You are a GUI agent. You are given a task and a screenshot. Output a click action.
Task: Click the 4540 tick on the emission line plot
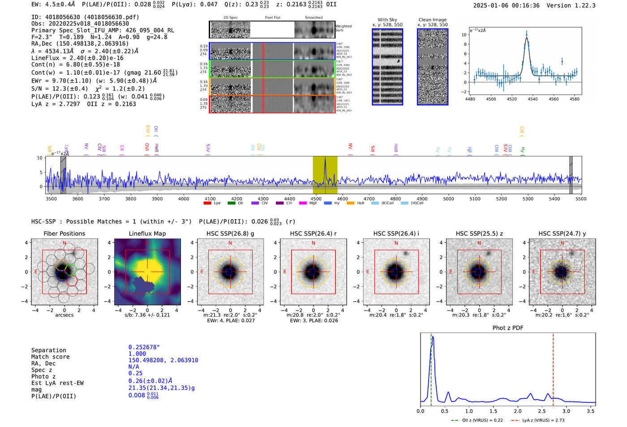click(533, 99)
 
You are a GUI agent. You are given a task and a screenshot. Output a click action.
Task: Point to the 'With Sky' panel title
click(387, 20)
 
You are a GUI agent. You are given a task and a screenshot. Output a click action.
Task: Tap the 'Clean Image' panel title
click(432, 20)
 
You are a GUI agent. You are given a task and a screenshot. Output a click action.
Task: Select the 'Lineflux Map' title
click(147, 233)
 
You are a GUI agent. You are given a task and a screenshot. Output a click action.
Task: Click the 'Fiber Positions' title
click(64, 233)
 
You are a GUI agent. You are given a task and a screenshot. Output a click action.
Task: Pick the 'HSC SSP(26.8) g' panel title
click(230, 233)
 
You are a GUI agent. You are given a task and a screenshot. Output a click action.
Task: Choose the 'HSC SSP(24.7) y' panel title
click(562, 233)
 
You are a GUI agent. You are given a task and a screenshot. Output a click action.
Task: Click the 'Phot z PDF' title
click(508, 328)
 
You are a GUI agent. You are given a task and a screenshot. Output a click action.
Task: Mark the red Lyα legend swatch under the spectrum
click(207, 203)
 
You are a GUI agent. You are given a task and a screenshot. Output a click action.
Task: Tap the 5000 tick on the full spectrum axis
click(448, 198)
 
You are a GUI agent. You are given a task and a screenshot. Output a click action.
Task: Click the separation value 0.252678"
click(144, 347)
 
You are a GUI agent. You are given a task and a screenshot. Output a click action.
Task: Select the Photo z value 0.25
click(135, 373)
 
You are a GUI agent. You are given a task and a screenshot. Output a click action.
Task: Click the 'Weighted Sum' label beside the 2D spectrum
click(344, 28)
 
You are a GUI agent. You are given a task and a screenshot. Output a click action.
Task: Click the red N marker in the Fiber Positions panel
click(64, 243)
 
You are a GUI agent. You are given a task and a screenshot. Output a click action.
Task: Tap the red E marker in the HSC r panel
click(285, 272)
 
